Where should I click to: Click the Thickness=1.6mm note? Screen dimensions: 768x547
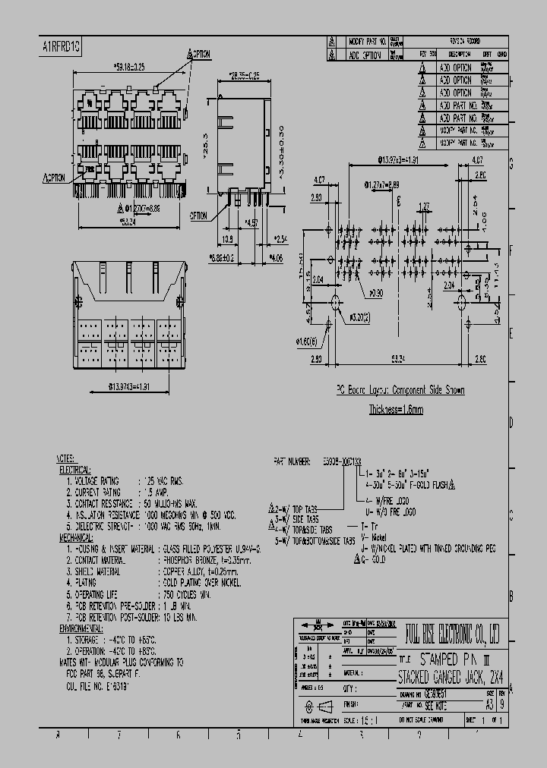pyautogui.click(x=396, y=409)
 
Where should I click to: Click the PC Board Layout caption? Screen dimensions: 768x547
pyautogui.click(x=400, y=390)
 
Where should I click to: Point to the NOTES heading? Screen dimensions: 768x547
pyautogui.click(x=66, y=459)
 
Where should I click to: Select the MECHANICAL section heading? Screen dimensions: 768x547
pyautogui.click(x=78, y=536)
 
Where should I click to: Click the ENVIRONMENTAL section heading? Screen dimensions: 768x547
pyautogui.click(x=82, y=629)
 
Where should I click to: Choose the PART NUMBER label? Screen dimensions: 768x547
pyautogui.click(x=291, y=461)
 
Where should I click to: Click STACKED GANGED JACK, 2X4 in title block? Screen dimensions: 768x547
pyautogui.click(x=449, y=673)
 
